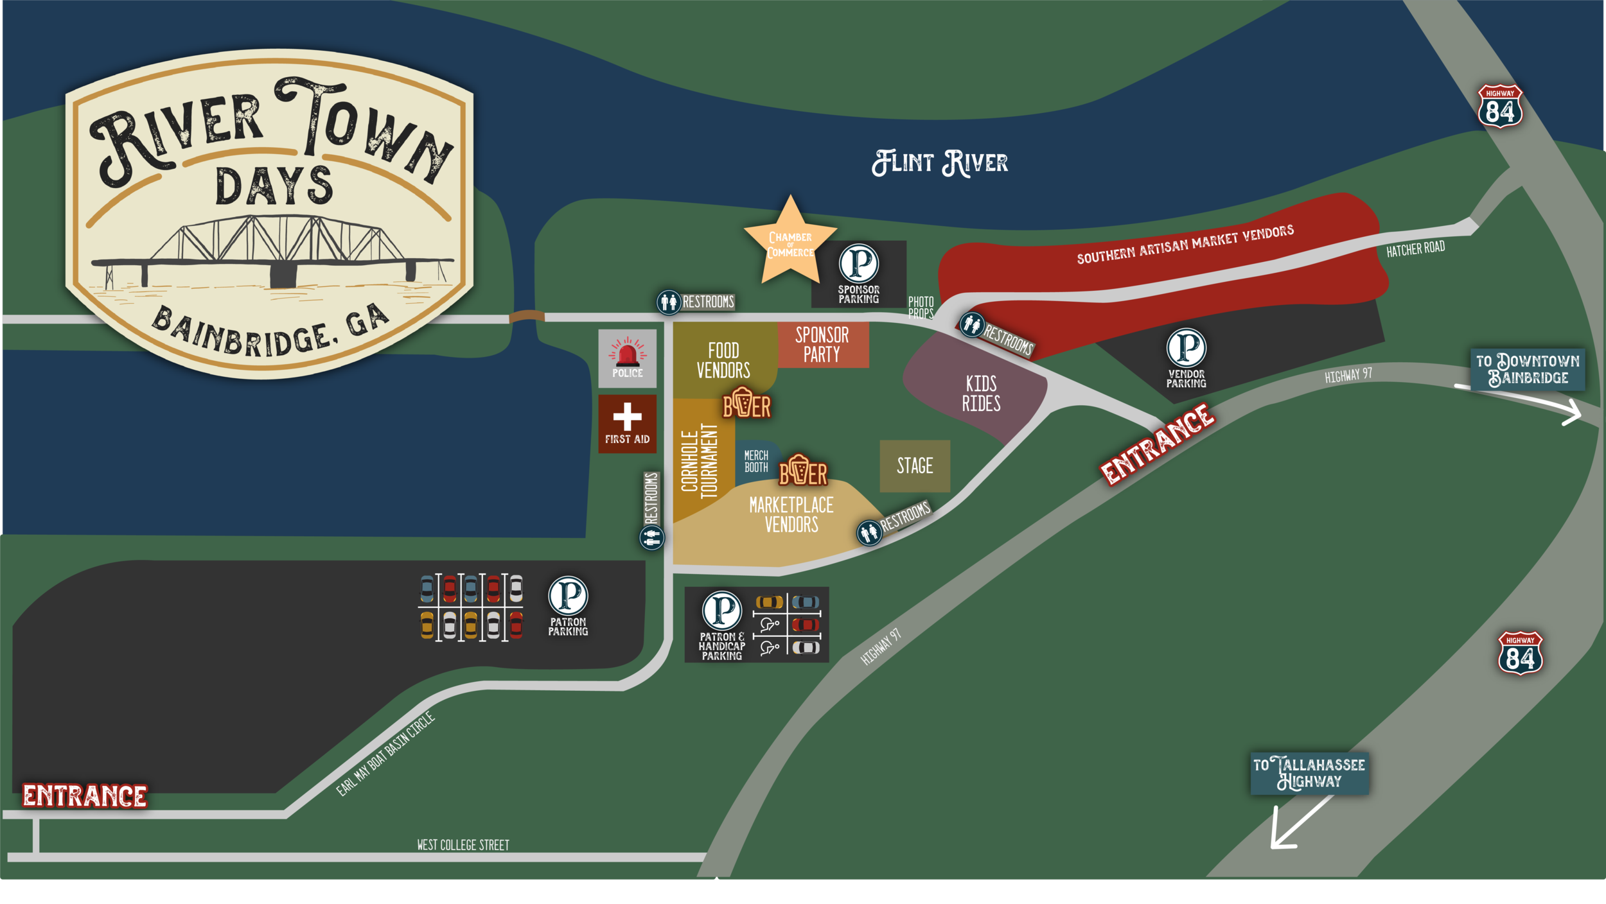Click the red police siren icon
point(627,353)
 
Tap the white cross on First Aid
point(627,417)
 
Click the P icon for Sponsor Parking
point(859,263)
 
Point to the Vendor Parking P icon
point(1186,347)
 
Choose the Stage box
point(915,465)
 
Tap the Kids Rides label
point(981,394)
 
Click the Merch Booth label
point(756,461)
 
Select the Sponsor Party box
point(822,345)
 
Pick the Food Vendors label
point(723,360)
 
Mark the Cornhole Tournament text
point(699,461)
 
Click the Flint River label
point(940,163)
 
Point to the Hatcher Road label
point(1415,248)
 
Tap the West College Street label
point(463,845)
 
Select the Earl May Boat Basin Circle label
point(385,754)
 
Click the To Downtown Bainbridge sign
point(1528,369)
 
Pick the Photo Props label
point(921,308)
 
